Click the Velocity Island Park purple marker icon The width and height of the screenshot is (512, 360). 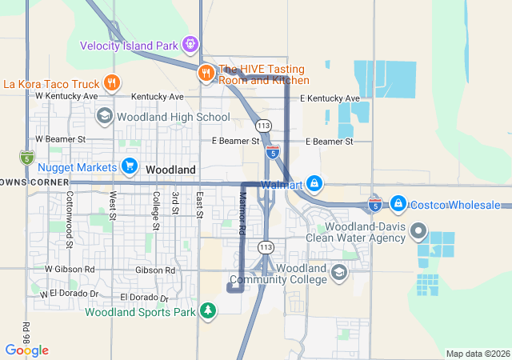(x=190, y=44)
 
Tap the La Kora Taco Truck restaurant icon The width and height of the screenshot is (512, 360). (x=112, y=82)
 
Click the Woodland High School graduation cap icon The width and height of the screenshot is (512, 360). (x=104, y=117)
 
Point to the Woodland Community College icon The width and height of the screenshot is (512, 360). (x=339, y=274)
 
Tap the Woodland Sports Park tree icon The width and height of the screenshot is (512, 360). (x=208, y=310)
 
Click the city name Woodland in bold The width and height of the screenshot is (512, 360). (x=170, y=170)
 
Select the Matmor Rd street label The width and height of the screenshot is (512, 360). (x=242, y=213)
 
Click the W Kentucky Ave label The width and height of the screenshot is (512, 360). (x=66, y=96)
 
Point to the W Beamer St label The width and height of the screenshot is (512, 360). (x=60, y=139)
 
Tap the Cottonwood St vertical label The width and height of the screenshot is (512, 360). (x=70, y=218)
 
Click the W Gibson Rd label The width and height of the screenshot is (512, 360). (x=70, y=270)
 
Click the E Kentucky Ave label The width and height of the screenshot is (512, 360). (x=330, y=98)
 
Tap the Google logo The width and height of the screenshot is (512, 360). (x=26, y=350)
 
